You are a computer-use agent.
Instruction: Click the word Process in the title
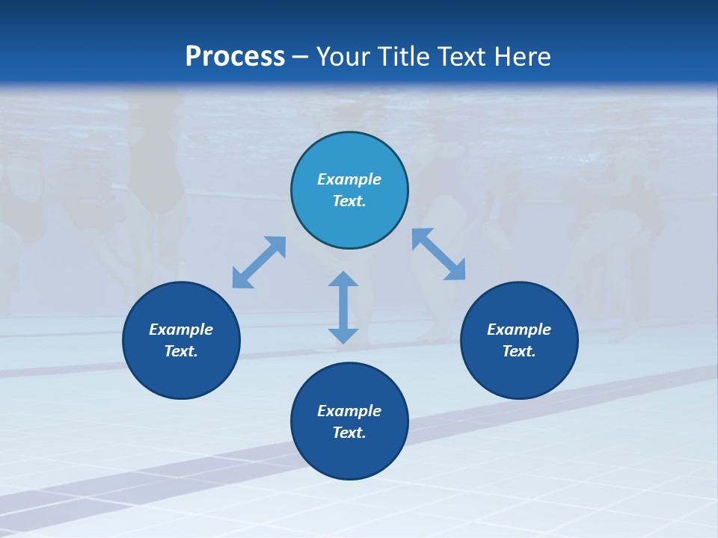[x=235, y=57]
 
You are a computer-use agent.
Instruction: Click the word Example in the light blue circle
[x=349, y=179]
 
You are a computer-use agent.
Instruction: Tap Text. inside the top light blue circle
[x=349, y=201]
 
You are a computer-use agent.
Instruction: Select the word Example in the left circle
[x=181, y=330]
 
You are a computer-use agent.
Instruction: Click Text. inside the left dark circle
[x=181, y=351]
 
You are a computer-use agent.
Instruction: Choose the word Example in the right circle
[x=519, y=330]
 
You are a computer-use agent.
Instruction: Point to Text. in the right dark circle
[x=519, y=351]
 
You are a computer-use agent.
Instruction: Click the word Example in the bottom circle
[x=349, y=411]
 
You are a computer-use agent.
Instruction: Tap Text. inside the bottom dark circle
[x=349, y=433]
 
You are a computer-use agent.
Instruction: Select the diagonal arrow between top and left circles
[x=259, y=262]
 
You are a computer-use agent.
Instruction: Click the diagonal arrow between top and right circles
[x=439, y=254]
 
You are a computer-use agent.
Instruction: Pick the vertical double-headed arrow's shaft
[x=343, y=307]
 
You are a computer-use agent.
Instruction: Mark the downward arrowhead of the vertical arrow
[x=343, y=336]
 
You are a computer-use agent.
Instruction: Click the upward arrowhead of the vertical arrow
[x=343, y=279]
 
